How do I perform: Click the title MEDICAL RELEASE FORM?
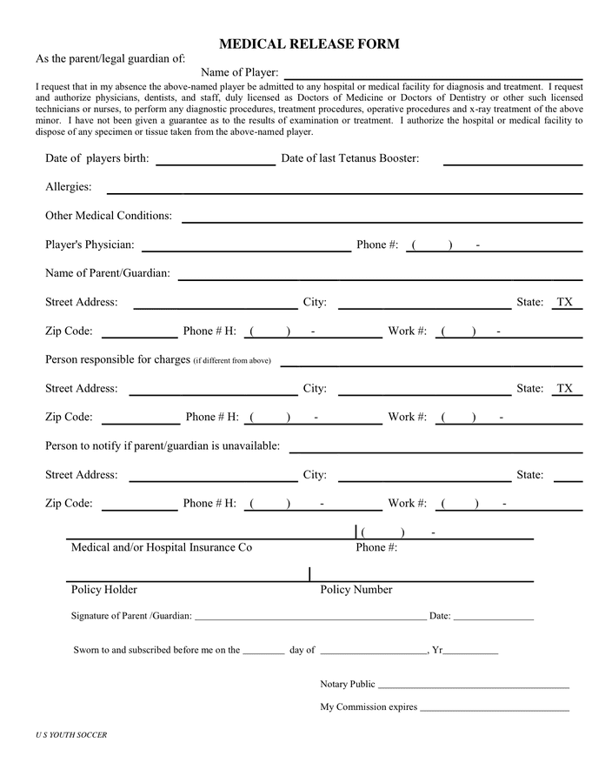point(309,43)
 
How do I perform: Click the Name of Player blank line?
point(433,73)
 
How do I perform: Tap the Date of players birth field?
point(215,159)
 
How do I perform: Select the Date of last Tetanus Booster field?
point(512,159)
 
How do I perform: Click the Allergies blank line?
point(343,188)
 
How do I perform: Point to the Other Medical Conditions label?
point(109,216)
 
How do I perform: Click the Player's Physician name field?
point(246,245)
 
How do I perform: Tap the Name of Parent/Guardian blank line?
point(380,274)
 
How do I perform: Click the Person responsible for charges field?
point(431,360)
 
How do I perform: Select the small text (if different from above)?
point(232,361)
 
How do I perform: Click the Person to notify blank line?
point(435,447)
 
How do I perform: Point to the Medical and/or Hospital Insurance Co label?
point(162,548)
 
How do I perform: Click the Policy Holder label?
point(104,590)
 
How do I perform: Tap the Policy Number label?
point(356,590)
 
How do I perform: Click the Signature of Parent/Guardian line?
point(309,617)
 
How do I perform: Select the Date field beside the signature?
point(493,617)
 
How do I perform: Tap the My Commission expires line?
point(494,708)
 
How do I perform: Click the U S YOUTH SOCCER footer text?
point(71,735)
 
